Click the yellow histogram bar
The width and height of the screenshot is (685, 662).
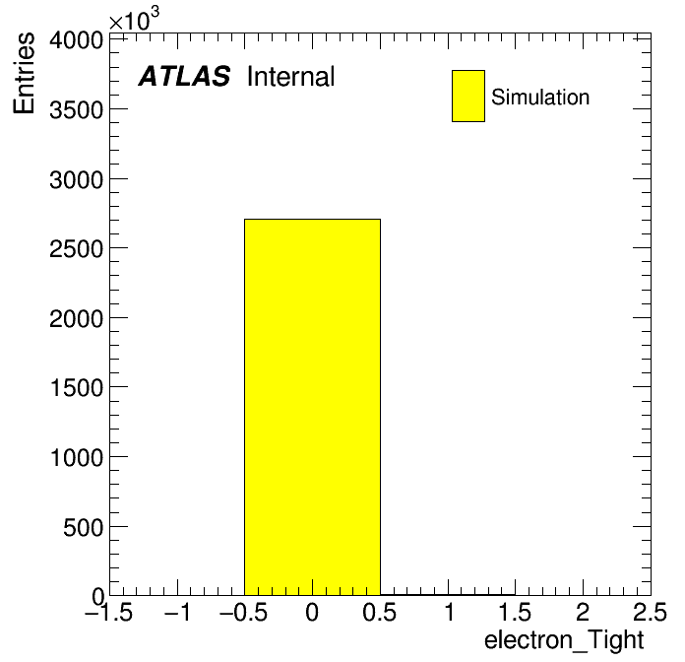pos(312,407)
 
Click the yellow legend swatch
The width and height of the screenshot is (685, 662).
pos(468,96)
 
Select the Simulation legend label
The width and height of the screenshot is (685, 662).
pos(540,98)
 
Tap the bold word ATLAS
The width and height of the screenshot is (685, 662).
pos(184,76)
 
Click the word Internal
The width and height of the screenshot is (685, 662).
pos(291,77)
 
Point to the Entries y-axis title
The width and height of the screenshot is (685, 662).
pos(24,73)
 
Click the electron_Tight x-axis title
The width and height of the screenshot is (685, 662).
pos(564,640)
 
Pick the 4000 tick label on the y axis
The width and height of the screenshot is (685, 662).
pos(76,40)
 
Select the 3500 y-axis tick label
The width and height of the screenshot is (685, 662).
pos(76,110)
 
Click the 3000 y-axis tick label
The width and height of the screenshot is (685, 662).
pos(76,179)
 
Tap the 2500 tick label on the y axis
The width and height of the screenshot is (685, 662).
pos(76,249)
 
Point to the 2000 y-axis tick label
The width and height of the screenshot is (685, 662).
pos(76,319)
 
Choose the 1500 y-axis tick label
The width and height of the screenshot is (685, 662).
pos(77,388)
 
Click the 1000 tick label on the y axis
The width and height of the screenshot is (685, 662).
pos(77,458)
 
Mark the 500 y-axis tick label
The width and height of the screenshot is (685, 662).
pos(83,527)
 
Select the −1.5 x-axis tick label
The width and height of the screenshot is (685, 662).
pos(109,612)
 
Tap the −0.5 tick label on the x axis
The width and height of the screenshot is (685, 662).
pos(244,612)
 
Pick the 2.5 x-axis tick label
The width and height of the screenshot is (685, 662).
pos(650,612)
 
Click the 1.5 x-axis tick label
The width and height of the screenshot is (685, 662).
pos(516,612)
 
